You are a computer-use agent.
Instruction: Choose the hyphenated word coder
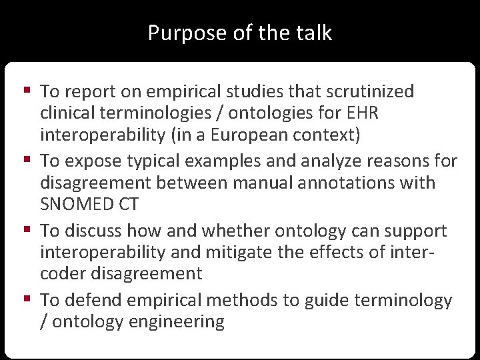[x=64, y=274]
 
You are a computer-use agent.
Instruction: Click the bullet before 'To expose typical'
[x=26, y=160]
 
